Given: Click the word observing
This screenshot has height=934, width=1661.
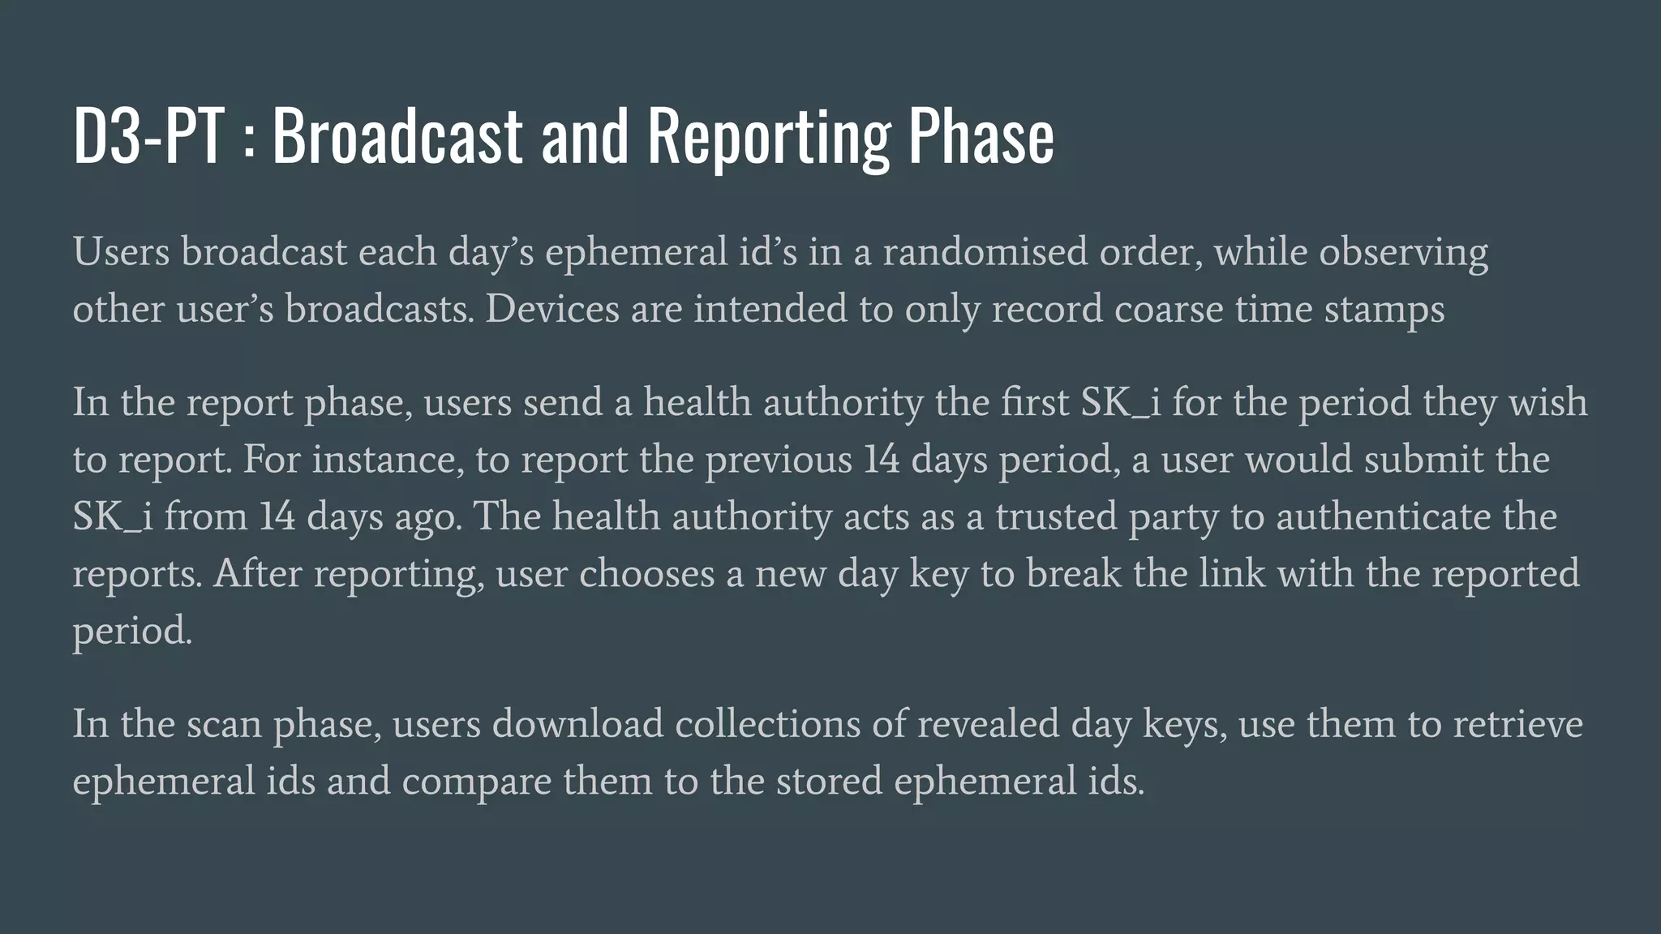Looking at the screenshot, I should (1403, 252).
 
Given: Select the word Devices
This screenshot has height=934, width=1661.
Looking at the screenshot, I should (552, 309).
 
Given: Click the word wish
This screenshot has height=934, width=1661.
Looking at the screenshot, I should (1547, 402).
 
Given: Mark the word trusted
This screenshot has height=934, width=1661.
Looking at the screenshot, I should (1055, 516).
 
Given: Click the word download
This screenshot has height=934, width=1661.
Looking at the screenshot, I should (577, 724).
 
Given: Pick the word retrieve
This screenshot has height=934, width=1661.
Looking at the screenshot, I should (1517, 724).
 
